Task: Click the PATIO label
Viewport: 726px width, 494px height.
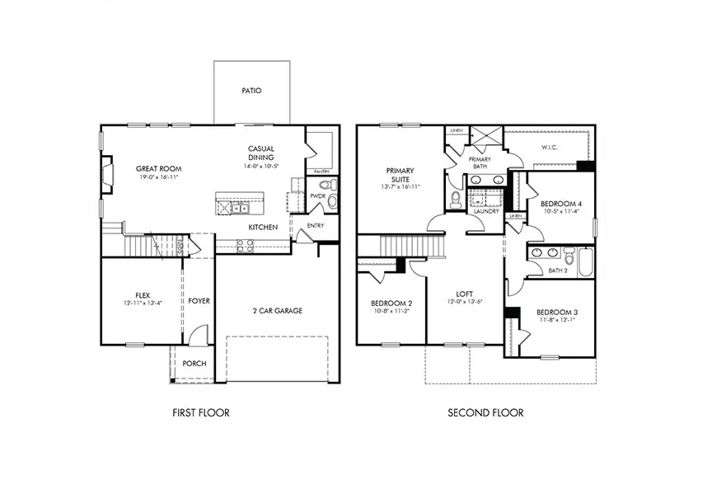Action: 252,91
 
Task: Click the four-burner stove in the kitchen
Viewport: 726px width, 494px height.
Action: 245,245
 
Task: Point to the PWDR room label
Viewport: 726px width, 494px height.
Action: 317,196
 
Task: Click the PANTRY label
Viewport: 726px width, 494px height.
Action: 322,171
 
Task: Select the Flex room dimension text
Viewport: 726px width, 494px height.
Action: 137,303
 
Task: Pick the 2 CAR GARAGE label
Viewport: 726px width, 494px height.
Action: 277,311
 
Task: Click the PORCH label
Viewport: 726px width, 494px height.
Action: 194,364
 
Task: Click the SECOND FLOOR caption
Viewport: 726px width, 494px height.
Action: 485,412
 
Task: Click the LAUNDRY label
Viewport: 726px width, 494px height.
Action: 486,210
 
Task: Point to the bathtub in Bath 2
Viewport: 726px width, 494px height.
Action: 584,261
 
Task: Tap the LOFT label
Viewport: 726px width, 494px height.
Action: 464,293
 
